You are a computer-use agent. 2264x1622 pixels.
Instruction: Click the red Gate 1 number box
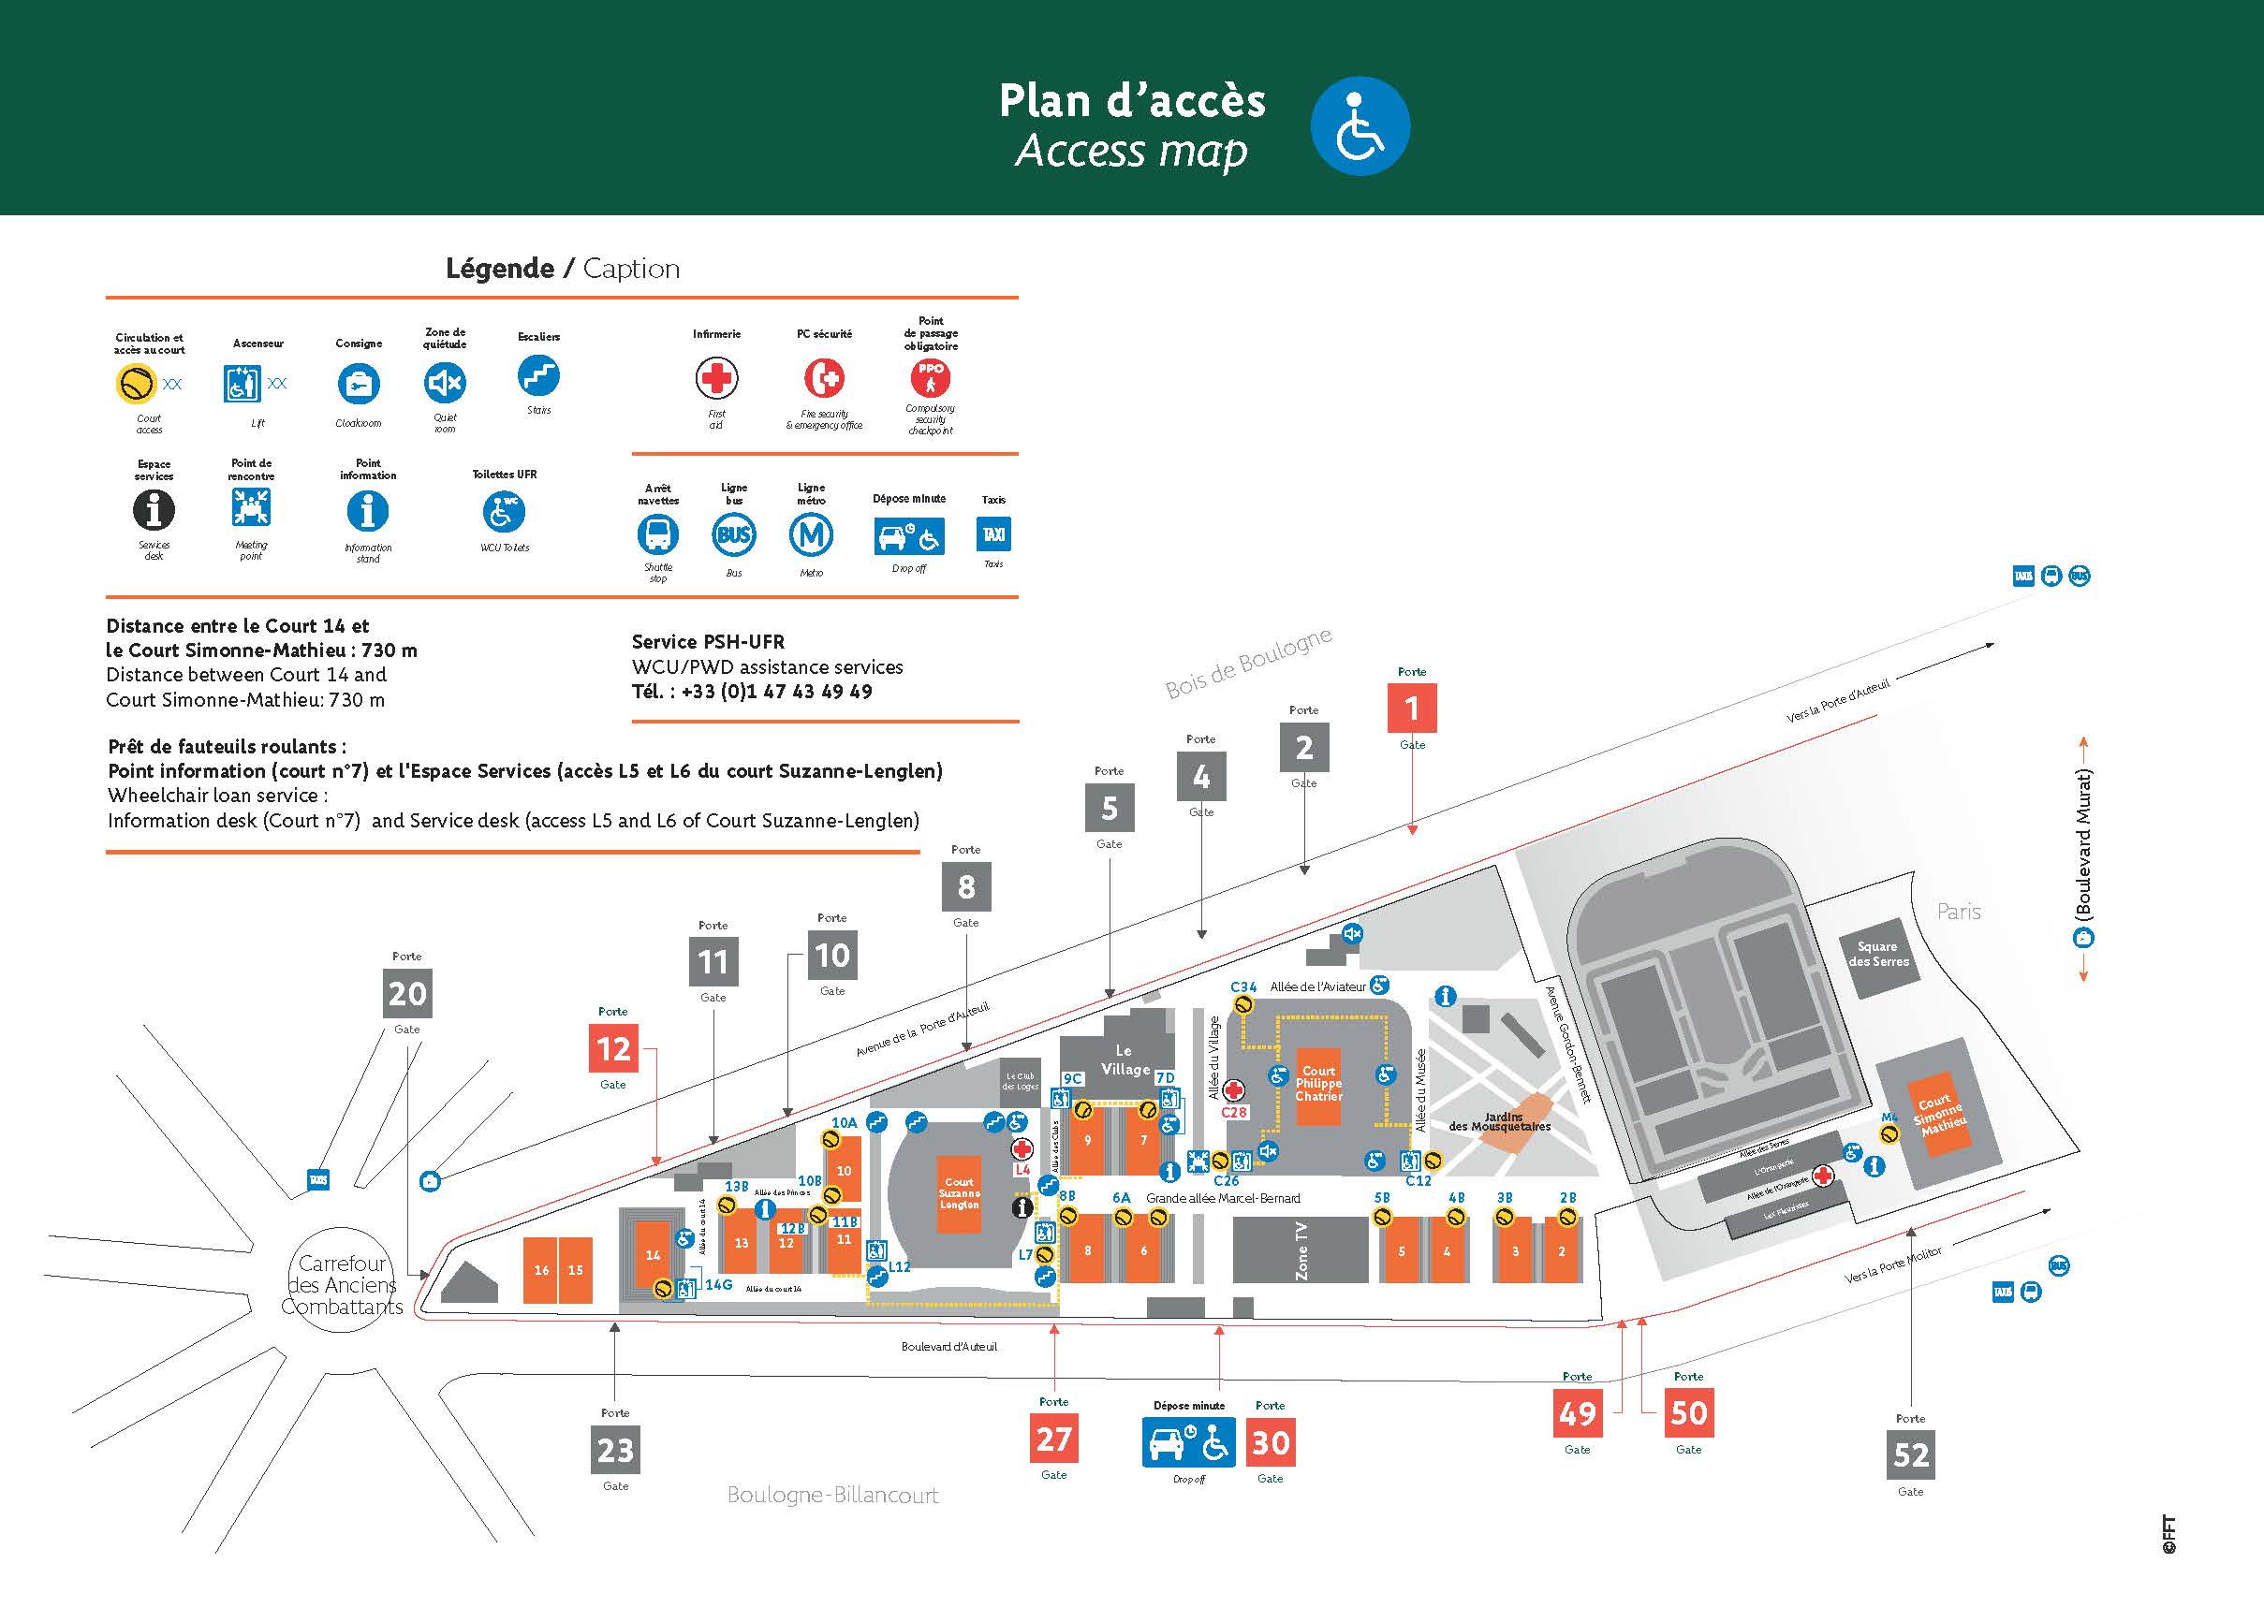pos(1412,708)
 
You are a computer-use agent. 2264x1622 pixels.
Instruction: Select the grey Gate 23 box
pos(615,1450)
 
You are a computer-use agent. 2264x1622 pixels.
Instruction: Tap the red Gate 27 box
pos(1053,1439)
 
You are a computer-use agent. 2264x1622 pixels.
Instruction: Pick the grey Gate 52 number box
pos(1911,1455)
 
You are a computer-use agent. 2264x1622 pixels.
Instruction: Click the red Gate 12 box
pos(613,1048)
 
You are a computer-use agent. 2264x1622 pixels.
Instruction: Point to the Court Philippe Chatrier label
pos(1317,1083)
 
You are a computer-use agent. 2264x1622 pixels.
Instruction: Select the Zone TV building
pos(1300,1249)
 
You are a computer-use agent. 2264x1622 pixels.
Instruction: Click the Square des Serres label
pos(1877,955)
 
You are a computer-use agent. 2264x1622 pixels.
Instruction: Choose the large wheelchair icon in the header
pos(1359,126)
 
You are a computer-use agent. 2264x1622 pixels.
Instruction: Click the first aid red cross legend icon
pos(715,378)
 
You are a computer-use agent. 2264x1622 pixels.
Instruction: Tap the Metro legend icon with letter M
pos(811,535)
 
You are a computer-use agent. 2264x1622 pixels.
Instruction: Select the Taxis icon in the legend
pos(993,534)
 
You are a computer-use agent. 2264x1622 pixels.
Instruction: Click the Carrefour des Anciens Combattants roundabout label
pos(342,1285)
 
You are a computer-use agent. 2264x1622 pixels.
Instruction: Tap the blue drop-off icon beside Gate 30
pos(1188,1442)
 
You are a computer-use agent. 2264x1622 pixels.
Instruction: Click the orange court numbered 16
pos(541,1270)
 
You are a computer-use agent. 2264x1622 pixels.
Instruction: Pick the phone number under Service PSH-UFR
pos(776,692)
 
